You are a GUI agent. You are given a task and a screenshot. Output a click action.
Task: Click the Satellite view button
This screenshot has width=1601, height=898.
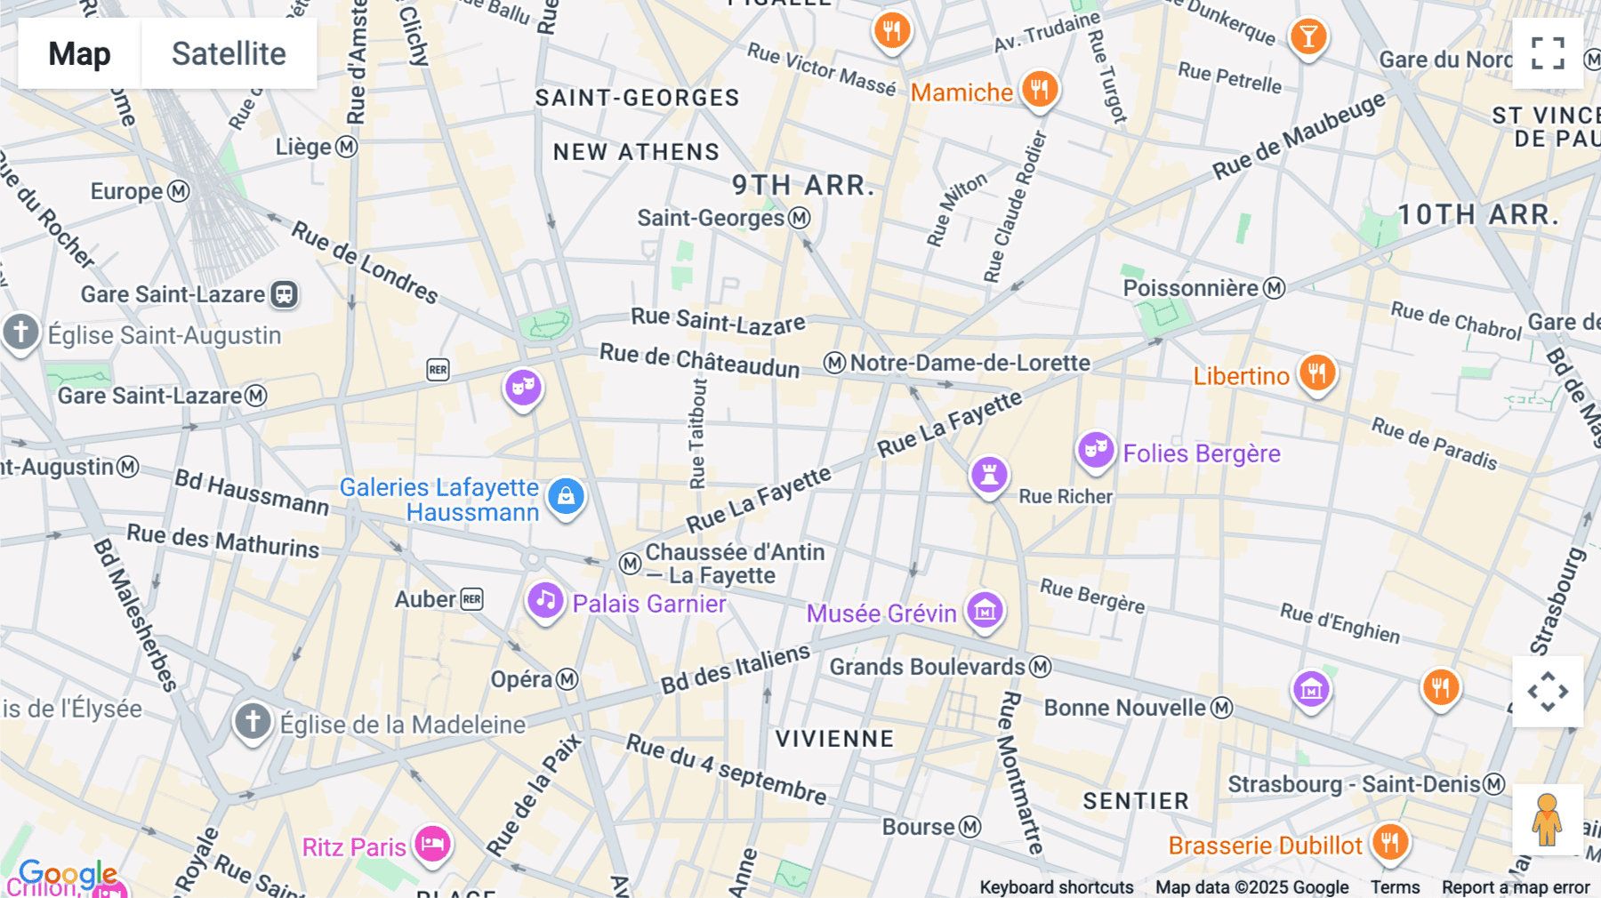229,53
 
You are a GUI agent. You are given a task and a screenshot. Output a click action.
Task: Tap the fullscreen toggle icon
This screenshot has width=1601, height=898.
1548,53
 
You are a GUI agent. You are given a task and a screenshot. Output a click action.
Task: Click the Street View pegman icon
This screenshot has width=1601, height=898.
1548,819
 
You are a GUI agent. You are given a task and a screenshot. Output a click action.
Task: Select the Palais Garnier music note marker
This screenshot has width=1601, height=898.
545,601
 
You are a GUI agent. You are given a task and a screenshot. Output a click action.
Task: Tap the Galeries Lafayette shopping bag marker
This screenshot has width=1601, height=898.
566,496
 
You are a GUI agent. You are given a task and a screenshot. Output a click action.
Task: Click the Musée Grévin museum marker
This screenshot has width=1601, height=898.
985,610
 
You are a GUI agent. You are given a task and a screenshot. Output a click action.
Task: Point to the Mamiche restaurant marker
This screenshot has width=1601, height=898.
1039,89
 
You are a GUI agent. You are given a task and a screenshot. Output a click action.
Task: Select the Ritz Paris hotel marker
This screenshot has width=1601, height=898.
432,843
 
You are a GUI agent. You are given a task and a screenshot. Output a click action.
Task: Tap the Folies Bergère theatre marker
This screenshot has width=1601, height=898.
1096,451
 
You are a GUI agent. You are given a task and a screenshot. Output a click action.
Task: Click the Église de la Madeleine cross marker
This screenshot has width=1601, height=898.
253,721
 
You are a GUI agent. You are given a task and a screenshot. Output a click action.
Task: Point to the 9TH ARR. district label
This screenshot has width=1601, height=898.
803,185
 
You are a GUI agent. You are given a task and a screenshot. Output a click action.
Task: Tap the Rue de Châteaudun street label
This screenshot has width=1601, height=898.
699,359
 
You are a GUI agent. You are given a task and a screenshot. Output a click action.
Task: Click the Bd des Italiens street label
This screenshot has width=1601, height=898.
735,669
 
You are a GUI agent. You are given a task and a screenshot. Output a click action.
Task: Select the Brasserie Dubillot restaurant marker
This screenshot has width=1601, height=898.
1389,841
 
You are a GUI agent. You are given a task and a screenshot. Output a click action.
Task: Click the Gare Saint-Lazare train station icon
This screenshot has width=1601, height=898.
284,294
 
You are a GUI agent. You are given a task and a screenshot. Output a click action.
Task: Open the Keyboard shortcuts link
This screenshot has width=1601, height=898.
1056,886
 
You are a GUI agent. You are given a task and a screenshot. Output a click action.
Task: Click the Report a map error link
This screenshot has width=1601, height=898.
1515,886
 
